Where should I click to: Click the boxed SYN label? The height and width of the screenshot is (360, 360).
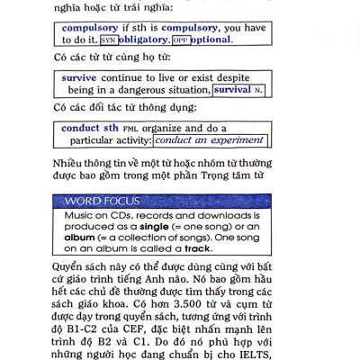coord(109,40)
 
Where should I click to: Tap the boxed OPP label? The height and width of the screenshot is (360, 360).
coord(181,40)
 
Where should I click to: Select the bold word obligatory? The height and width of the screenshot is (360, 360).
coord(143,40)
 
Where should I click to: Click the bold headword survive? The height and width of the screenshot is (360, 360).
coord(79,78)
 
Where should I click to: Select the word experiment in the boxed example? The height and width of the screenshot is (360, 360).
coord(237,140)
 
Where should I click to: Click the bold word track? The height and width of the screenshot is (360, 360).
coord(198,248)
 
